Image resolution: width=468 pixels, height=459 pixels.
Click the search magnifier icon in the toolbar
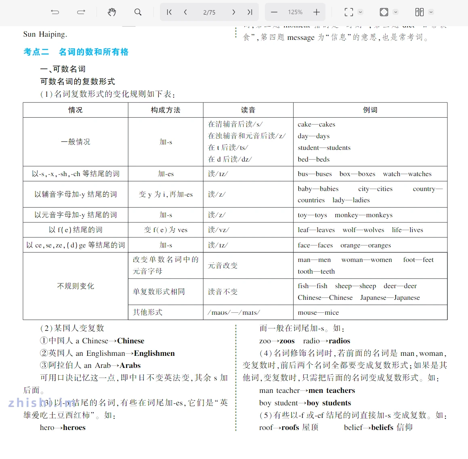(138, 12)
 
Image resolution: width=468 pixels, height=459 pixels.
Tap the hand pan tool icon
(112, 12)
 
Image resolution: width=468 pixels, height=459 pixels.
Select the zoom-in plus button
(317, 12)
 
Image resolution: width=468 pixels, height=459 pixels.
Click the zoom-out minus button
(274, 12)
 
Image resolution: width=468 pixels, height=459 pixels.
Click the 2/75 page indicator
(209, 12)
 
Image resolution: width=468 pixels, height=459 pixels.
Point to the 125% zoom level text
(295, 12)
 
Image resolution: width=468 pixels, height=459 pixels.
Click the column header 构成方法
(166, 110)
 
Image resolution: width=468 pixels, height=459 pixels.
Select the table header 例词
(370, 110)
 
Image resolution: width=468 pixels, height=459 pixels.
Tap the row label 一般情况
(76, 142)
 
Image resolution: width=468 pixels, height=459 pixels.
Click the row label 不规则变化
(76, 286)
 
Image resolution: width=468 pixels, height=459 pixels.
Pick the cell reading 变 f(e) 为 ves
(166, 230)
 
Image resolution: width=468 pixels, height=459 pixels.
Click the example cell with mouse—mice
(318, 312)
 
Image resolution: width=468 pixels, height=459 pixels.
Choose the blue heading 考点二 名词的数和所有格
(76, 52)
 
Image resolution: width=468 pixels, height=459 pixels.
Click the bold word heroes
(74, 428)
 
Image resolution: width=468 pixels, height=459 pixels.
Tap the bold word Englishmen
(154, 353)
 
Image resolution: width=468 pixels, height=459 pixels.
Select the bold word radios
(339, 341)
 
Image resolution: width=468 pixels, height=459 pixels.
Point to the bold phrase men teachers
(332, 390)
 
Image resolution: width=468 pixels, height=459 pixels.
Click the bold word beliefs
(382, 428)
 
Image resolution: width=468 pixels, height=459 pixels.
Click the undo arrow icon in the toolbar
(55, 12)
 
